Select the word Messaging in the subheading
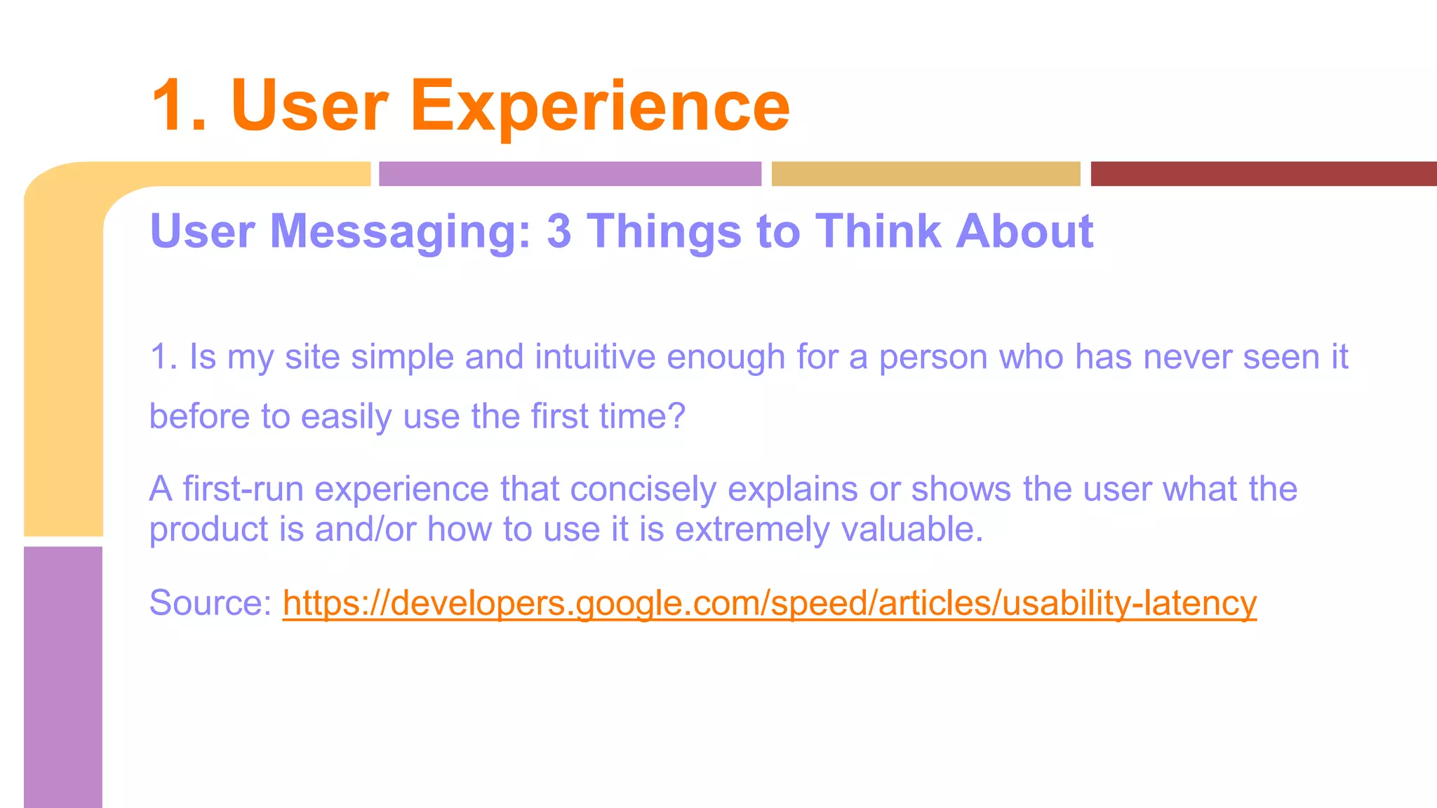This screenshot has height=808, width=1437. coord(400,231)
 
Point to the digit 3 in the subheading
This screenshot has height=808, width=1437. coord(559,231)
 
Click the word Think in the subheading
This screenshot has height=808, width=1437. coord(877,231)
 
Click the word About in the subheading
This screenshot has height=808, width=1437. coord(1024,231)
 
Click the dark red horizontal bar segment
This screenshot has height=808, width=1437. coord(1263,174)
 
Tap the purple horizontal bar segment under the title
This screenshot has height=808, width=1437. coord(570,174)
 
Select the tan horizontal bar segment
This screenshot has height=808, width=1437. coord(925,174)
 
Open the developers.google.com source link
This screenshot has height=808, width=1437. coord(769,603)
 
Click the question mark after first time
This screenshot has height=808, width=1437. coord(676,417)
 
